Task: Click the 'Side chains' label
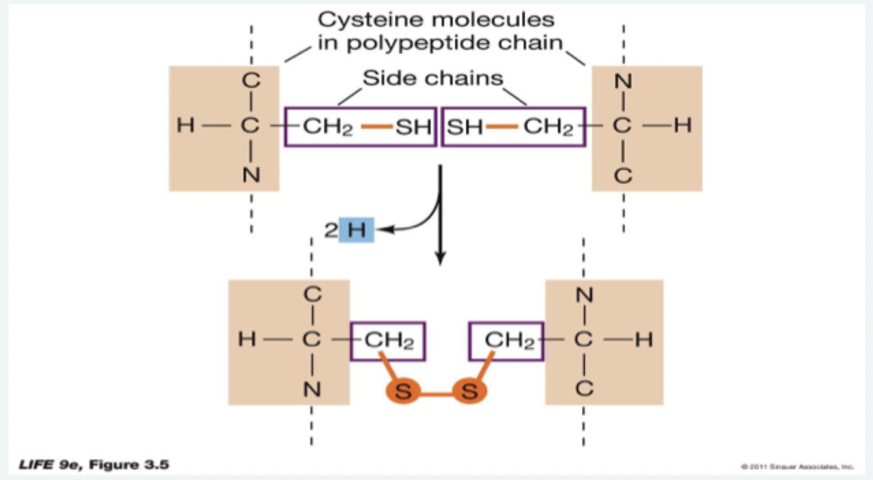[x=432, y=78]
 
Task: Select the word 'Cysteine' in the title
[x=378, y=21]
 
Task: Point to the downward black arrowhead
[x=441, y=258]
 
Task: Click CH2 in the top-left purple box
[x=327, y=127]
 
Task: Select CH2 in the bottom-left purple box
[x=389, y=340]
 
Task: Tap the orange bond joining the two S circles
[x=438, y=392]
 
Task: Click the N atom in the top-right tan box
[x=622, y=81]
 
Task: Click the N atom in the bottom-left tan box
[x=312, y=389]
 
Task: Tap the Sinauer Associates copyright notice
[x=796, y=467]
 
